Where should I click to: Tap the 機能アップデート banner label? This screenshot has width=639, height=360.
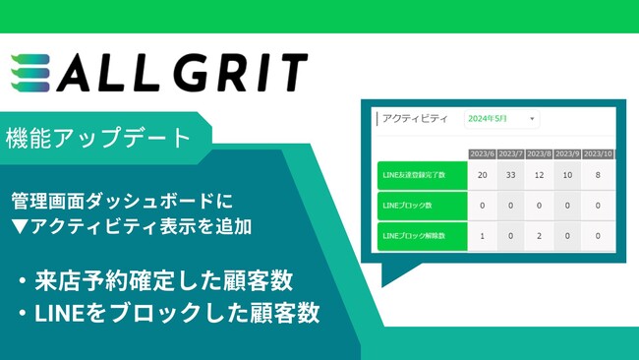click(x=98, y=138)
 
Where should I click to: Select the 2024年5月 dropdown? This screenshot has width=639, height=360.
click(x=501, y=119)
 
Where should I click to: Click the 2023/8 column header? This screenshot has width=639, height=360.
click(x=539, y=152)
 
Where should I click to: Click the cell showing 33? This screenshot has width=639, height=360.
click(x=510, y=174)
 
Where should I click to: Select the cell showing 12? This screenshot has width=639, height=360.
click(x=539, y=174)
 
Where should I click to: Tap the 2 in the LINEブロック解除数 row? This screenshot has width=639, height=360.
click(x=539, y=236)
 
